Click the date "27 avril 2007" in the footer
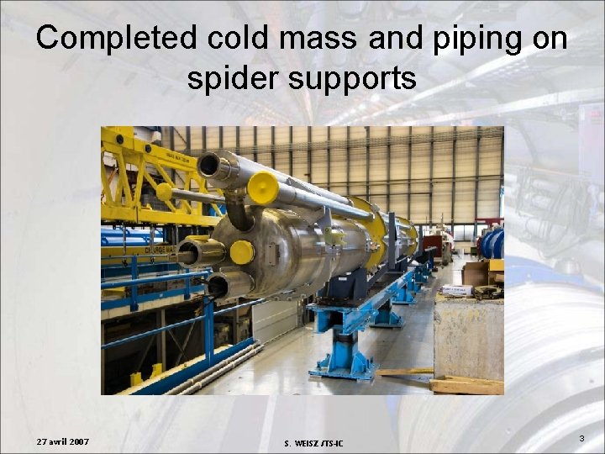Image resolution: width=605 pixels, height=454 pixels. tap(64, 441)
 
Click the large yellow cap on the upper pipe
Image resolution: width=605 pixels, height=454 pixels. tap(263, 187)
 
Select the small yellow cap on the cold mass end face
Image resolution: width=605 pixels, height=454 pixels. tap(242, 251)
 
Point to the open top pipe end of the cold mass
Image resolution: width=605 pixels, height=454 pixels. tap(209, 165)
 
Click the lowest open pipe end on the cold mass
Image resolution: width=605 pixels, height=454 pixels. tap(218, 287)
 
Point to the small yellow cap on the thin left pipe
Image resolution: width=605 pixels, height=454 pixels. tap(164, 192)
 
